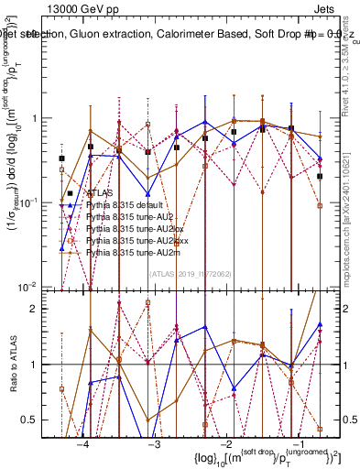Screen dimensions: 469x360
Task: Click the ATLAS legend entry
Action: click(x=99, y=194)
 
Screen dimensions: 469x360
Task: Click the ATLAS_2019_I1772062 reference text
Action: click(x=189, y=273)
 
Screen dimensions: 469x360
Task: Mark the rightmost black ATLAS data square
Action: click(x=320, y=176)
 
